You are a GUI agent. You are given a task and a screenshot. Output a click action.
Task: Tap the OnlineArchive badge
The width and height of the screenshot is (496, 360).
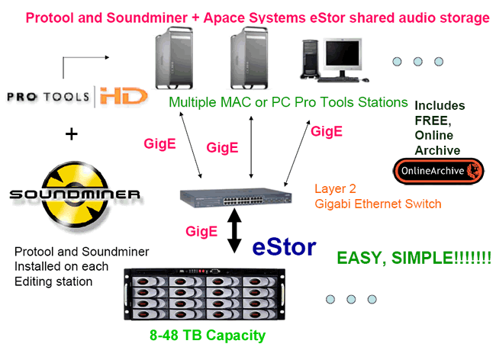click(x=438, y=170)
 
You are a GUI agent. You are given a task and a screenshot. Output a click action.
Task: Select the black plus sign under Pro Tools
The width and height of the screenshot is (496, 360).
click(x=72, y=134)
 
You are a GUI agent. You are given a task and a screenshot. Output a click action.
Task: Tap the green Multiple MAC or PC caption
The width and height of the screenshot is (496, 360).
click(x=288, y=102)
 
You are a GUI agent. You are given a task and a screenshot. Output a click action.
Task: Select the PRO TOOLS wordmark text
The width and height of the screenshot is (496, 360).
click(x=47, y=97)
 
